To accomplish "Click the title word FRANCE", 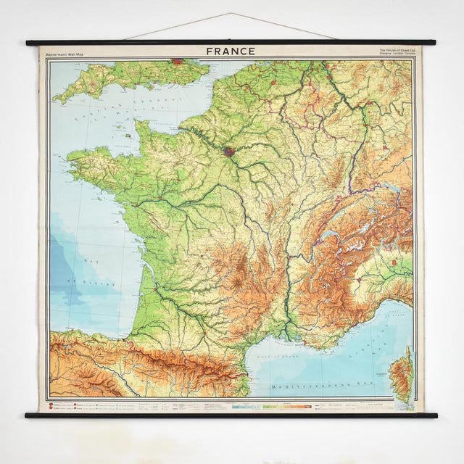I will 231,51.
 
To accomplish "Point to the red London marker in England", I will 177,63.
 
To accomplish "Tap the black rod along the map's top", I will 232,43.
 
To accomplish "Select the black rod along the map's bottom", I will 232,415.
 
